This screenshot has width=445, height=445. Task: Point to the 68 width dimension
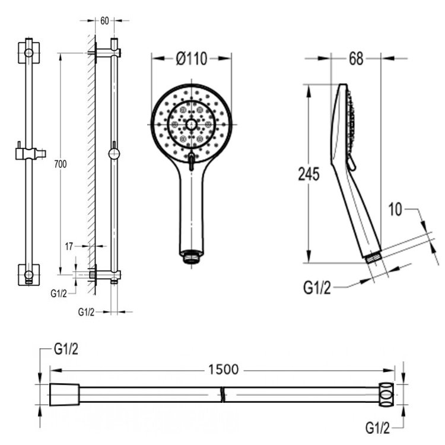(x=355, y=58)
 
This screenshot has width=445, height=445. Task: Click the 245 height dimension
(x=308, y=174)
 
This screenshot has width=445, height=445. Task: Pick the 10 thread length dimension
(x=396, y=209)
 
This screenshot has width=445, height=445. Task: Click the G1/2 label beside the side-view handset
(x=316, y=288)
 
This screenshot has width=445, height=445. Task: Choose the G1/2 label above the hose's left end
(x=66, y=349)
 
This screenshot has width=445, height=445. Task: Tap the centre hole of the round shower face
(x=191, y=125)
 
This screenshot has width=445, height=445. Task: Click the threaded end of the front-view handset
(x=191, y=257)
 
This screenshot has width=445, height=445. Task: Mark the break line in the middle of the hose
(x=223, y=393)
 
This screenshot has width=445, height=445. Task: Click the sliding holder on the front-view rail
(x=29, y=153)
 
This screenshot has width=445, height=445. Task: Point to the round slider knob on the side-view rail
(x=114, y=154)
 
